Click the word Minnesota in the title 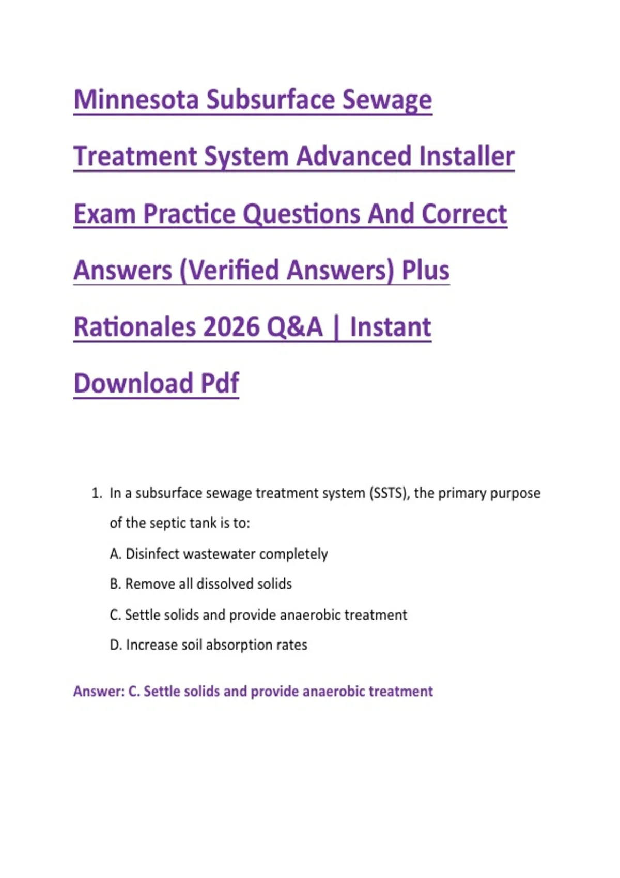(136, 100)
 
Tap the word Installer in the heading (466, 156)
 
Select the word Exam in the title (105, 214)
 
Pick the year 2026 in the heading (231, 327)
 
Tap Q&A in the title (295, 327)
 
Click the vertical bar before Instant (336, 327)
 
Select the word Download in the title (133, 383)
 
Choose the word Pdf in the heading (220, 383)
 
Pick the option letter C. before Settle (115, 615)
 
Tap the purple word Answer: (99, 692)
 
